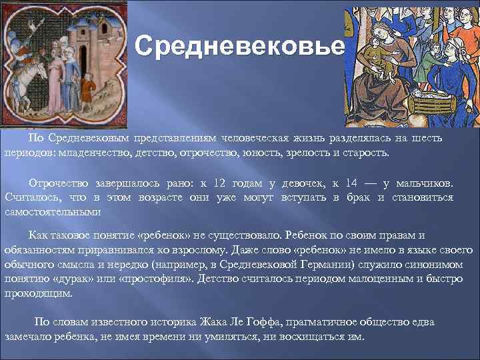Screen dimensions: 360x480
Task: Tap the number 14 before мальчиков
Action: (353, 183)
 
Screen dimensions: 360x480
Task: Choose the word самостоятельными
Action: (53, 212)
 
